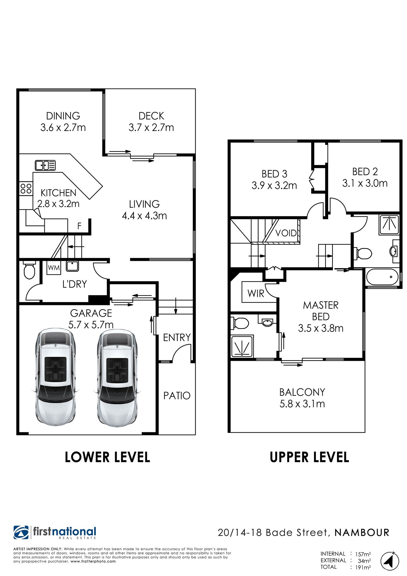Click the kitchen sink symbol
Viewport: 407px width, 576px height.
(45, 165)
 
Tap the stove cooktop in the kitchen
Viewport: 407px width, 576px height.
(26, 189)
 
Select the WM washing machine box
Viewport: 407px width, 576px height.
(54, 268)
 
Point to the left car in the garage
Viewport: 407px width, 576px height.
(56, 377)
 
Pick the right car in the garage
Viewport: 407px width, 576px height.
(117, 377)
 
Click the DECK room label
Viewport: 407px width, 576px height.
(151, 116)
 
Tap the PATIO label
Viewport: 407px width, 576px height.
(177, 396)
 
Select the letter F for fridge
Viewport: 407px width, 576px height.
(79, 226)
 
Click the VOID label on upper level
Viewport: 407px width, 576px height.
(286, 233)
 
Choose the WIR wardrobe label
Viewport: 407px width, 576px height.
(256, 293)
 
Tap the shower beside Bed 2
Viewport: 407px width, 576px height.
(389, 224)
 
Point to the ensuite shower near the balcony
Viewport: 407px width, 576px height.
(242, 346)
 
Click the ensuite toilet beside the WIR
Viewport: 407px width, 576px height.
(240, 323)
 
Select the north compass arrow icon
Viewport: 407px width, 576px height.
(390, 561)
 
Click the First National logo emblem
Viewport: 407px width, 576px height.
(21, 532)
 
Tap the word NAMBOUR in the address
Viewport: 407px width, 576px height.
(362, 533)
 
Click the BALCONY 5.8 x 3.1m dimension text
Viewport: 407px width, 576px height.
(302, 404)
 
